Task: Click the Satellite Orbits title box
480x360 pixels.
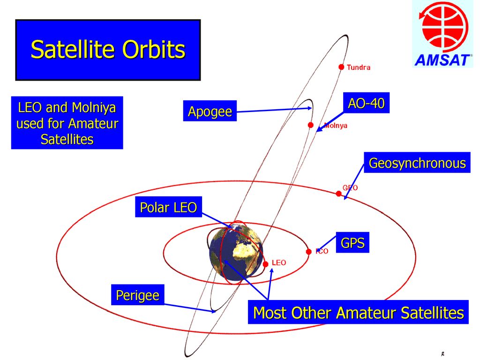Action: pos(108,50)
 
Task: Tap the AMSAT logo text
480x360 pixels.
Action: pos(442,60)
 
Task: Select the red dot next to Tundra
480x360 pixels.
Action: pos(341,67)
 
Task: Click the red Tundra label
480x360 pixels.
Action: pos(359,67)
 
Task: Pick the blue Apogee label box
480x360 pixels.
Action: pos(210,111)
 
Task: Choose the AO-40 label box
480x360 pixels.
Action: pos(366,103)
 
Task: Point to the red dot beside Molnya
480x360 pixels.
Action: pos(311,125)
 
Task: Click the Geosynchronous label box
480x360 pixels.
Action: pos(417,163)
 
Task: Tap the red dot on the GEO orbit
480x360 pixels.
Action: pos(338,194)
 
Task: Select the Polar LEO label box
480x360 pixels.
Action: pos(168,207)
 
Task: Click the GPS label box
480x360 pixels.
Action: pos(352,242)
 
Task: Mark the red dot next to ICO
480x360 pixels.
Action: pos(308,252)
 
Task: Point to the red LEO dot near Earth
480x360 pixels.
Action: pos(265,264)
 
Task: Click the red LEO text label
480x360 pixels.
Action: pos(278,262)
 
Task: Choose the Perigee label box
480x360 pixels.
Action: pos(138,295)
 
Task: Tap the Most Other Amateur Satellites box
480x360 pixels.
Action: pos(358,312)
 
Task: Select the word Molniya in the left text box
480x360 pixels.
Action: pos(94,108)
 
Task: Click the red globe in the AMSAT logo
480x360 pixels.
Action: pos(444,27)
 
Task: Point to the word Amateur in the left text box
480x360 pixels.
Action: pos(93,124)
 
